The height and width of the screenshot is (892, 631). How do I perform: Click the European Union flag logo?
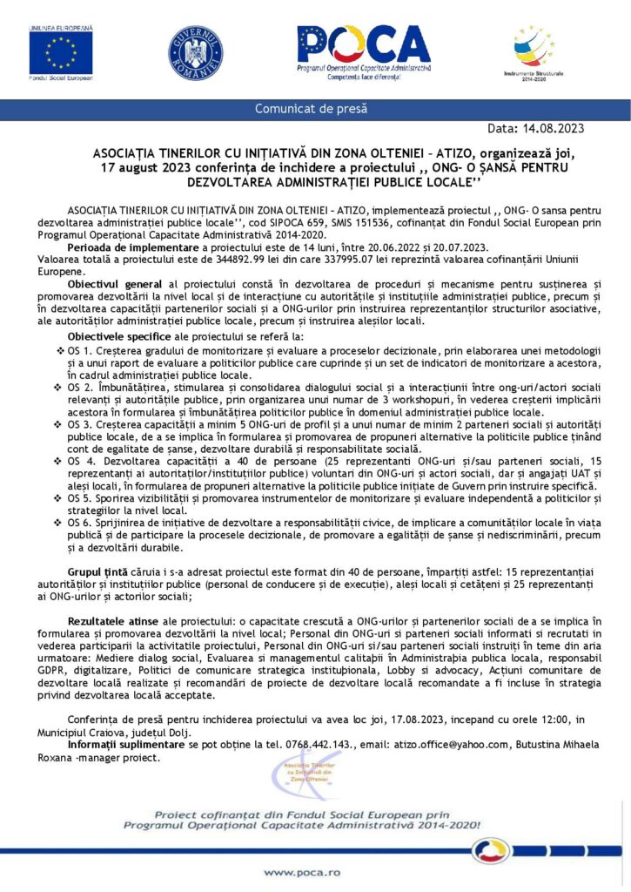click(60, 51)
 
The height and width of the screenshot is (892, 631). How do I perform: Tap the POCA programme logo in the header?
click(363, 51)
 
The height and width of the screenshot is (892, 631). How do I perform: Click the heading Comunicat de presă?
click(311, 109)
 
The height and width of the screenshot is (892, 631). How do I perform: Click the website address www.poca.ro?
click(302, 872)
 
